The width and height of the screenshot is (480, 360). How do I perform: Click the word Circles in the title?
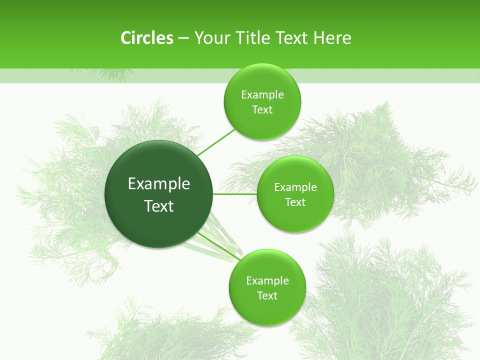[x=146, y=38]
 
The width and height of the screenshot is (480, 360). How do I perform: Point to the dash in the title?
[x=183, y=38]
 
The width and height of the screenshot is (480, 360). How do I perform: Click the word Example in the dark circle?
[x=159, y=184]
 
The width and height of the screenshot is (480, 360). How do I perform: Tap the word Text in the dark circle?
[x=159, y=206]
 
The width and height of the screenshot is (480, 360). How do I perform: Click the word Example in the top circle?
[x=262, y=95]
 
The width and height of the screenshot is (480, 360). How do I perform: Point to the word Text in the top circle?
[x=262, y=110]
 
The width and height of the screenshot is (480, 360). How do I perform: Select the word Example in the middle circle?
[x=295, y=187]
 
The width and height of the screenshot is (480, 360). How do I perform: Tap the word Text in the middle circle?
[x=295, y=202]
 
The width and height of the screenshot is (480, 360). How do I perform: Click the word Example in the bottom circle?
[x=267, y=281]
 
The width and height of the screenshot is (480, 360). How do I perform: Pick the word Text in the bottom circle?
[x=267, y=296]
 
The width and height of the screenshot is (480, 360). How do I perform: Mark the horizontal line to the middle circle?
[x=234, y=194]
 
